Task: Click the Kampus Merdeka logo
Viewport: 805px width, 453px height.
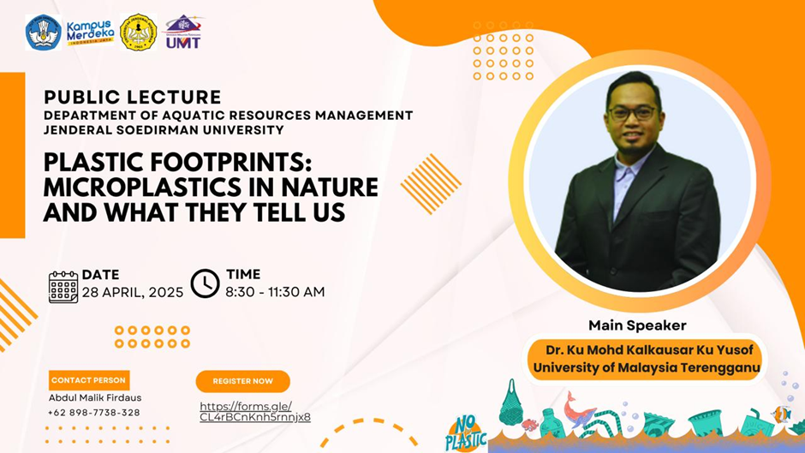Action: click(91, 33)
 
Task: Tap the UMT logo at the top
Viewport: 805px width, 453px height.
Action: click(183, 33)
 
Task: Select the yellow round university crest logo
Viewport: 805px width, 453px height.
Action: click(138, 33)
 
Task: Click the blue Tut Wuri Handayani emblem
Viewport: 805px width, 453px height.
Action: click(44, 33)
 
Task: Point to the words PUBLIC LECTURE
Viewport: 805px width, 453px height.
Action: click(133, 97)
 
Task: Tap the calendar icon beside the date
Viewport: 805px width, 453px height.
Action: click(63, 287)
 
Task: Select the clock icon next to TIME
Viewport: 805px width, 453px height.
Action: click(205, 283)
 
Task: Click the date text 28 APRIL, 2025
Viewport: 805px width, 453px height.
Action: click(133, 292)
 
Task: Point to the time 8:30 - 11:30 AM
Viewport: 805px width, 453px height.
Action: click(275, 292)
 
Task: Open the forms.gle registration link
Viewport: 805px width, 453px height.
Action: click(255, 411)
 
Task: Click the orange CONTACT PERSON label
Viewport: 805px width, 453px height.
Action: click(89, 380)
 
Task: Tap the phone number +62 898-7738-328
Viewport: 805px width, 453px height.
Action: click(93, 413)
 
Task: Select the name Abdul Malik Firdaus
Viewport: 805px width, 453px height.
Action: click(95, 397)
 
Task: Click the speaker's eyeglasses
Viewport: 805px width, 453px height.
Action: click(632, 113)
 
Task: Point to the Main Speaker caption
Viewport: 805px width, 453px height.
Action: click(637, 325)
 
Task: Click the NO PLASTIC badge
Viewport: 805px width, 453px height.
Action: click(466, 434)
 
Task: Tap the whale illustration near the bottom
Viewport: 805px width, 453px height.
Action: click(579, 409)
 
